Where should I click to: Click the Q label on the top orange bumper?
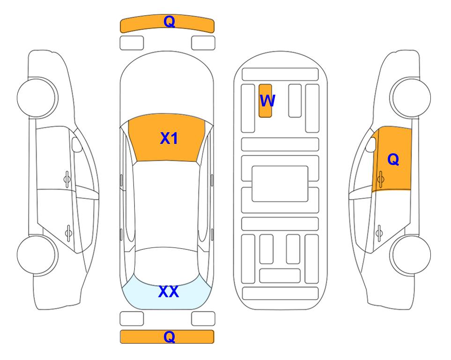click(x=169, y=21)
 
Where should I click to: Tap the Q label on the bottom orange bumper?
click(x=169, y=337)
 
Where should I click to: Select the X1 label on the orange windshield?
click(x=169, y=138)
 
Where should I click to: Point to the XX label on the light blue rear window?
click(x=169, y=292)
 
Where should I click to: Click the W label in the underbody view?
click(x=267, y=101)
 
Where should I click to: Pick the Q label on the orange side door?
click(x=393, y=159)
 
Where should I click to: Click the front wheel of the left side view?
click(x=36, y=97)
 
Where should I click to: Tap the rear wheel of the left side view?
click(x=36, y=255)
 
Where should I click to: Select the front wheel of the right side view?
click(x=412, y=97)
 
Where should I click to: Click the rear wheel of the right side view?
click(x=412, y=255)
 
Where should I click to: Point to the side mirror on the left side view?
click(x=77, y=144)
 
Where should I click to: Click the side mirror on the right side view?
click(x=371, y=144)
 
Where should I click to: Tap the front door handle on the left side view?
click(x=67, y=180)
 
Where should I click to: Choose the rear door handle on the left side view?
click(x=68, y=232)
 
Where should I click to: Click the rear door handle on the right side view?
click(x=379, y=232)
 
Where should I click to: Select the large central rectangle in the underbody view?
click(x=280, y=184)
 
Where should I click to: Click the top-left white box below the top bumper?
click(x=132, y=43)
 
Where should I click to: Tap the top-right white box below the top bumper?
click(x=203, y=43)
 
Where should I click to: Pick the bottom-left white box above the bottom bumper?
click(x=132, y=319)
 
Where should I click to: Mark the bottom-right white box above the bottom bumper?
click(x=203, y=319)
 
